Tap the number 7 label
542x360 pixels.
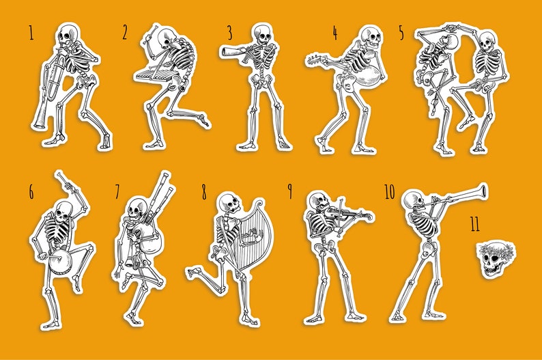[117, 193]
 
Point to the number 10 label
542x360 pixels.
[389, 192]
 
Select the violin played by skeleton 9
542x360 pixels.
[341, 215]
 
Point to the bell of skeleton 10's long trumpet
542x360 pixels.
[483, 189]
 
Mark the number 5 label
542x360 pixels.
[401, 31]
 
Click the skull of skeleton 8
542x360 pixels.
[229, 203]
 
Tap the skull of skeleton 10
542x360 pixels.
[412, 201]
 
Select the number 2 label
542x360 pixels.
[125, 32]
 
